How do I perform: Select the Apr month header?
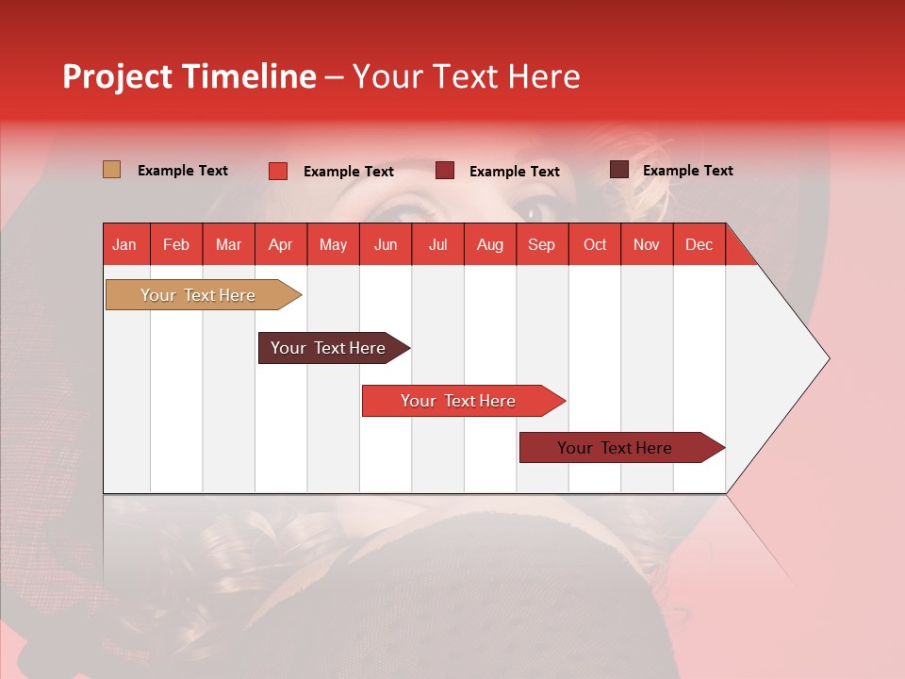tap(281, 244)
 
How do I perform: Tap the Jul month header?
tap(438, 244)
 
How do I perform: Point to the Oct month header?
tap(595, 244)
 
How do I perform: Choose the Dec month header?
tap(699, 244)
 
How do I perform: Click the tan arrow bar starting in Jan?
tap(204, 295)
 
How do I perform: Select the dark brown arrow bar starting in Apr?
tap(334, 348)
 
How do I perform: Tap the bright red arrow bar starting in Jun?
tap(464, 401)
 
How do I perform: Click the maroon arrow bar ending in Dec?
tap(622, 447)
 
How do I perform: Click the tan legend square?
tap(111, 169)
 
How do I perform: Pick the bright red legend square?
tap(278, 171)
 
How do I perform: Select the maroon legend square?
tap(445, 171)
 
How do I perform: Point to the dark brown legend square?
tap(619, 169)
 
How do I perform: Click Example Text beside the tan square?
tap(182, 171)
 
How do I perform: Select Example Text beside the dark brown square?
tap(688, 171)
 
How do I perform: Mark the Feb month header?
tap(176, 244)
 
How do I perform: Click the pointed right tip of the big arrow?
tap(830, 358)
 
